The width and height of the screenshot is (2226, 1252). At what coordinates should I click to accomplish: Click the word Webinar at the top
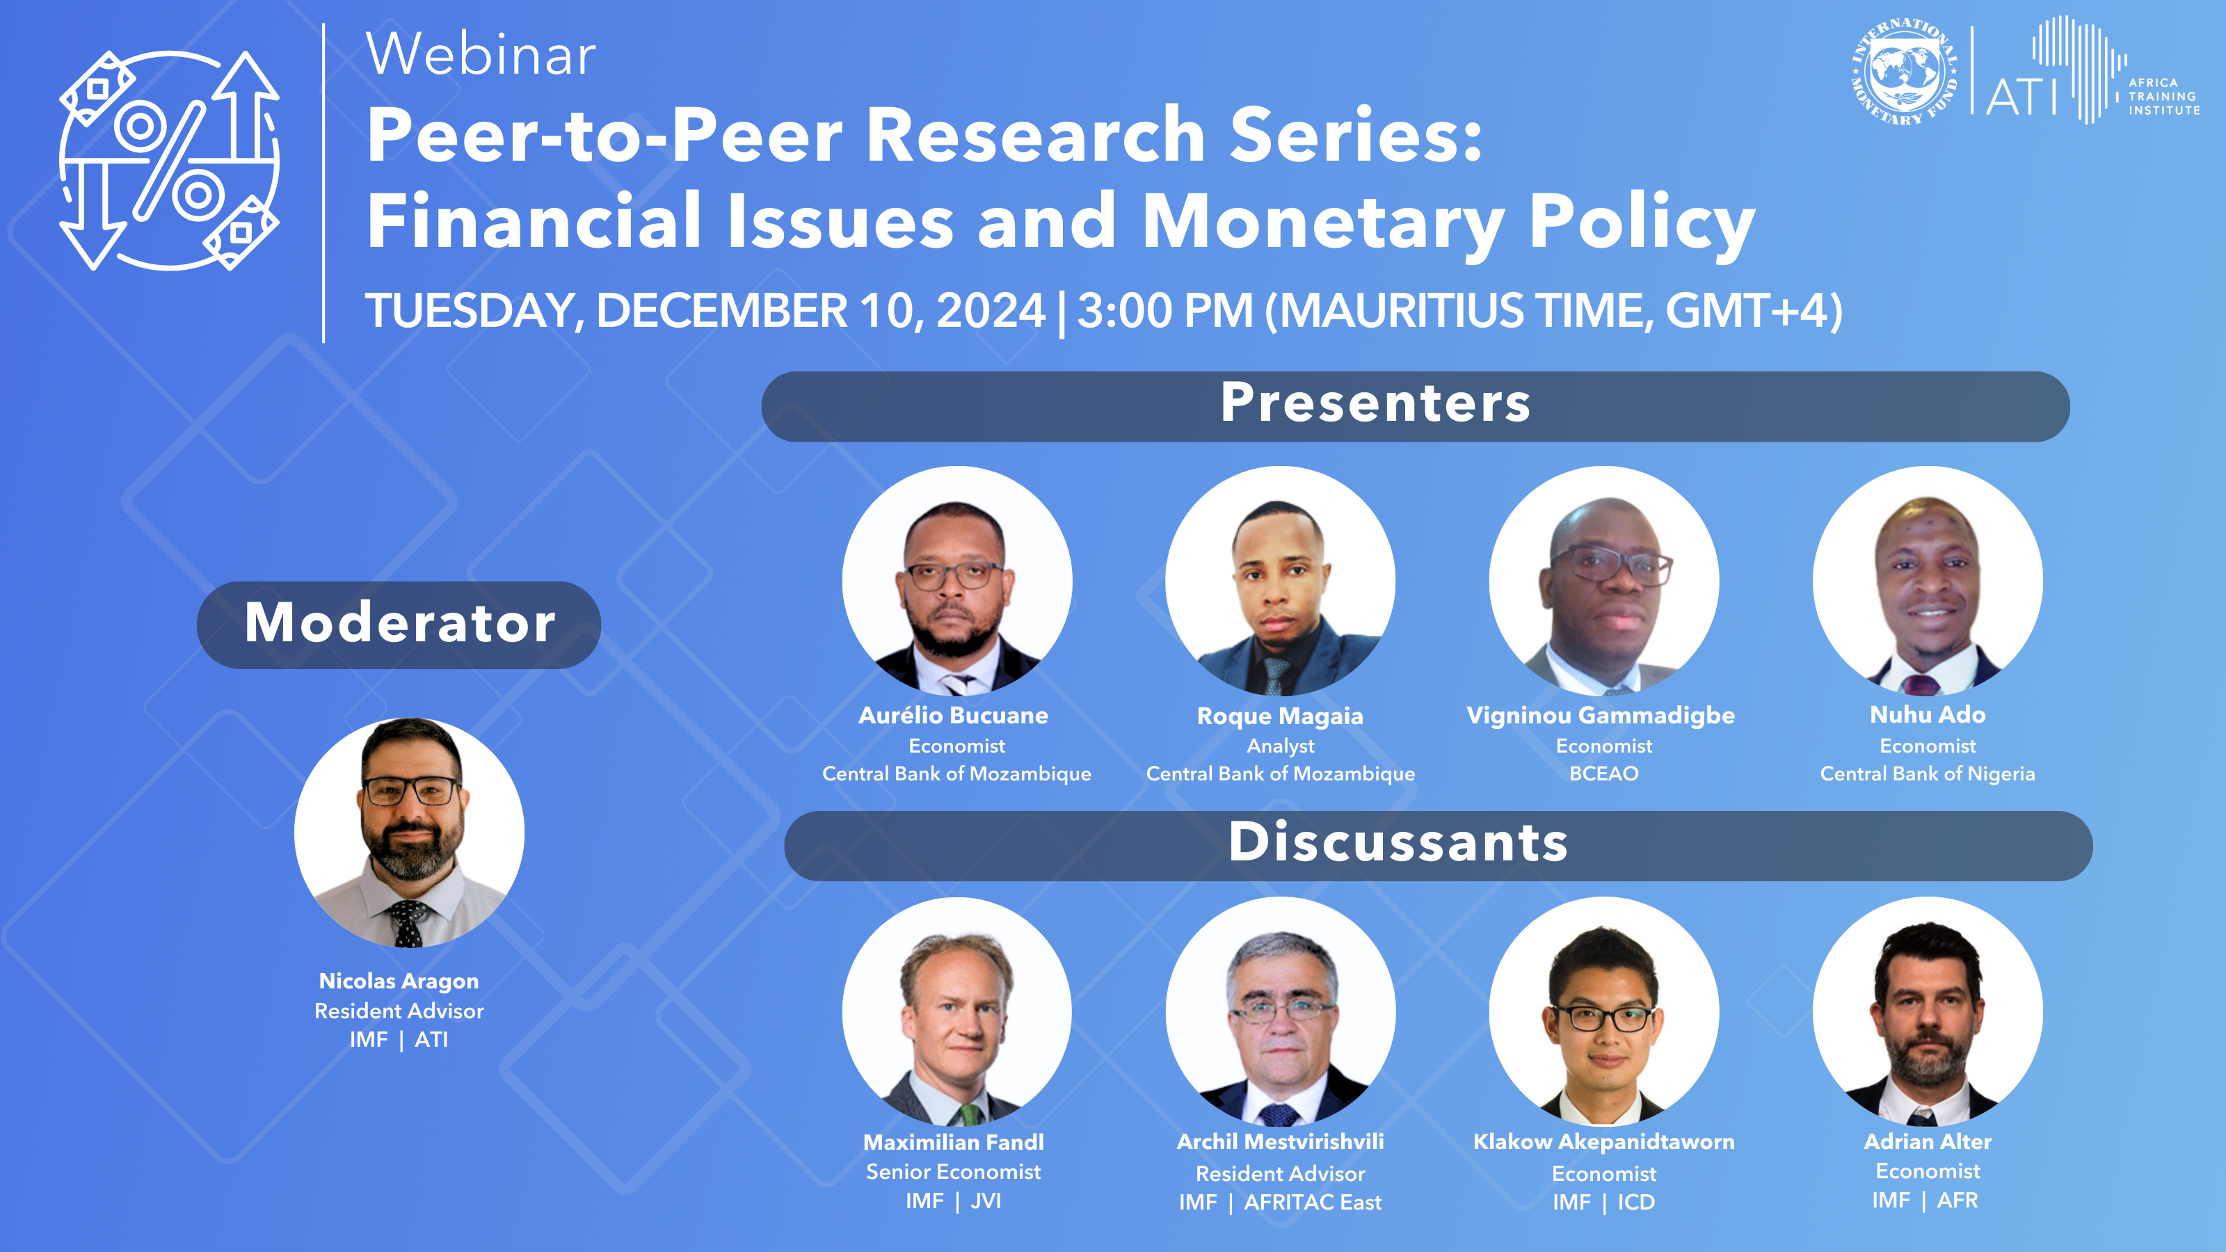tap(481, 54)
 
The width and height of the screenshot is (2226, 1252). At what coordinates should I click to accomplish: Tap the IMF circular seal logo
tap(1905, 72)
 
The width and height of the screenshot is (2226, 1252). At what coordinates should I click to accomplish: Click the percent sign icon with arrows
tap(169, 160)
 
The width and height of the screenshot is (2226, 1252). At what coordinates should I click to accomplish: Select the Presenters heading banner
tap(1416, 406)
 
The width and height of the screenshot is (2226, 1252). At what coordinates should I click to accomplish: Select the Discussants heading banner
tap(1438, 846)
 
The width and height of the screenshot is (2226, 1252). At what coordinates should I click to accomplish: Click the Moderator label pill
tap(399, 624)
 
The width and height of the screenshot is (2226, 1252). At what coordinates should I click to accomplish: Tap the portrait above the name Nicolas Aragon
tap(409, 832)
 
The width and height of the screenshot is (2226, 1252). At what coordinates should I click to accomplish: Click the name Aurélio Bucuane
tap(953, 716)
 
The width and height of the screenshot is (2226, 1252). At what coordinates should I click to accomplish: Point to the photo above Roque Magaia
tap(1280, 581)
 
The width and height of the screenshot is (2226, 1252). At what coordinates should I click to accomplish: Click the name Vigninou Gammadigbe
tap(1601, 716)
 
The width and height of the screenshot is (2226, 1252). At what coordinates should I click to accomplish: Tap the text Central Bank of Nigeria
tap(1927, 774)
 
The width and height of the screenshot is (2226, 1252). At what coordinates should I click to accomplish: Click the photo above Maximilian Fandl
tap(956, 1011)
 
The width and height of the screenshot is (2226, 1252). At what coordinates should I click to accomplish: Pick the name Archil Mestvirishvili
tap(1280, 1141)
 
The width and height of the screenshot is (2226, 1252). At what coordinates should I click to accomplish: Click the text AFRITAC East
tap(1313, 1202)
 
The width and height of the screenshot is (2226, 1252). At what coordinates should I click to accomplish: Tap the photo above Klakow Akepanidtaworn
tap(1604, 1011)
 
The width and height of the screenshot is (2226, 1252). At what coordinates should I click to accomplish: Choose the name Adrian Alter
tap(1927, 1141)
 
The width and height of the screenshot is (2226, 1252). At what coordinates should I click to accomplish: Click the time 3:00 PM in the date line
tap(1165, 310)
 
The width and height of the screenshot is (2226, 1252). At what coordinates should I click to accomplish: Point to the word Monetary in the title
tap(1323, 222)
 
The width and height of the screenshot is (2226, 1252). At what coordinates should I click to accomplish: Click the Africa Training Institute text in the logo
tap(2164, 97)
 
